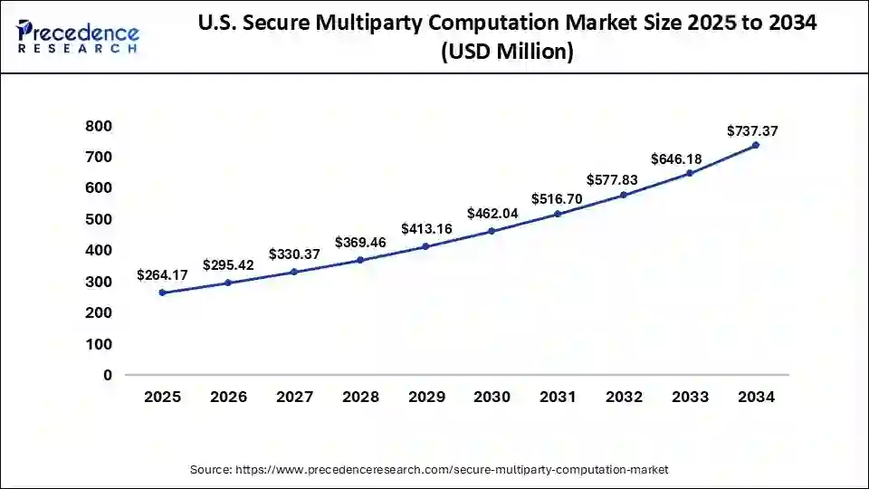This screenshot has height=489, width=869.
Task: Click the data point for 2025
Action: click(162, 292)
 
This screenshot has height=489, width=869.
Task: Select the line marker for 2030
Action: click(492, 231)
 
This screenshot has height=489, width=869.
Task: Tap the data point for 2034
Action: click(756, 145)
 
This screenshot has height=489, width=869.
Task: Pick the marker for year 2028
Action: click(360, 260)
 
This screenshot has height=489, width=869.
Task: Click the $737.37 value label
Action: click(752, 131)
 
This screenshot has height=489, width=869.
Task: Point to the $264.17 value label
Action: click(162, 274)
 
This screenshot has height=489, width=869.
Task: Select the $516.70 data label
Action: click(557, 198)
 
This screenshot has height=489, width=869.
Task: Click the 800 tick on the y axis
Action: click(100, 126)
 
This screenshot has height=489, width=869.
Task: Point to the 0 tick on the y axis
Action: click(108, 375)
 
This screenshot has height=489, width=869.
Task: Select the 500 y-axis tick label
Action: click(100, 219)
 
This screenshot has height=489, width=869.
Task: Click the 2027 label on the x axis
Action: click(294, 397)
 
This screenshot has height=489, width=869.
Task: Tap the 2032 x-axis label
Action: click(624, 397)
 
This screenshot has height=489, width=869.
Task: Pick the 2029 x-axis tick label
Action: click(426, 397)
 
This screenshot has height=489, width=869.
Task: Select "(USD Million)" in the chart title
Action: click(507, 53)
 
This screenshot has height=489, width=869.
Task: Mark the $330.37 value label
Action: click(294, 254)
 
